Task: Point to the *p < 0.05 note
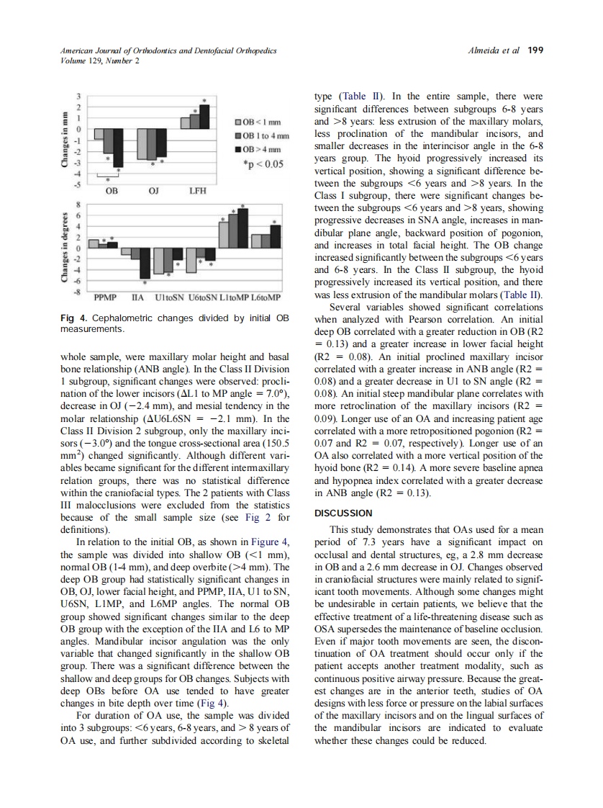[264, 163]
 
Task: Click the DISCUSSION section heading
[344, 513]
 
